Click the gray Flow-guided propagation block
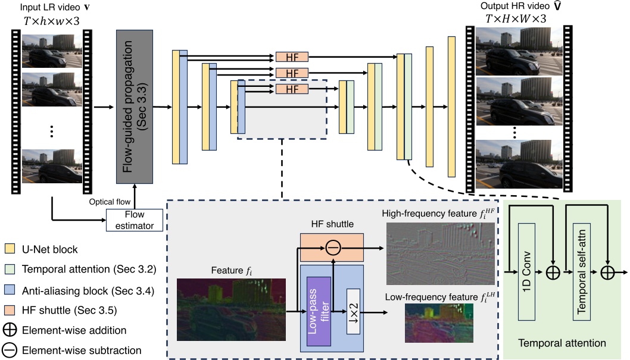pyautogui.click(x=135, y=107)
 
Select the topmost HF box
pyautogui.click(x=292, y=57)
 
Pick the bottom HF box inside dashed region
pyautogui.click(x=292, y=89)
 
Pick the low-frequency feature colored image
pyautogui.click(x=438, y=323)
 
